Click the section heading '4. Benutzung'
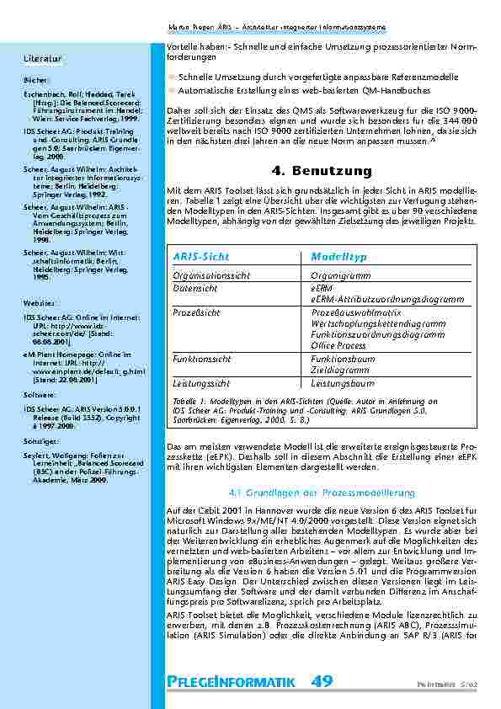click(x=322, y=172)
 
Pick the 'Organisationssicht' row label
click(x=211, y=274)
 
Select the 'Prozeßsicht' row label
click(x=196, y=311)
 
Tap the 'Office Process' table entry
click(x=338, y=345)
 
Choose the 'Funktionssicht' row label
click(x=201, y=358)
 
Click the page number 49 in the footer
click(x=322, y=681)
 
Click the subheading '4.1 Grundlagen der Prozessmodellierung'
click(x=322, y=491)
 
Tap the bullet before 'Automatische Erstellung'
click(x=172, y=89)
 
